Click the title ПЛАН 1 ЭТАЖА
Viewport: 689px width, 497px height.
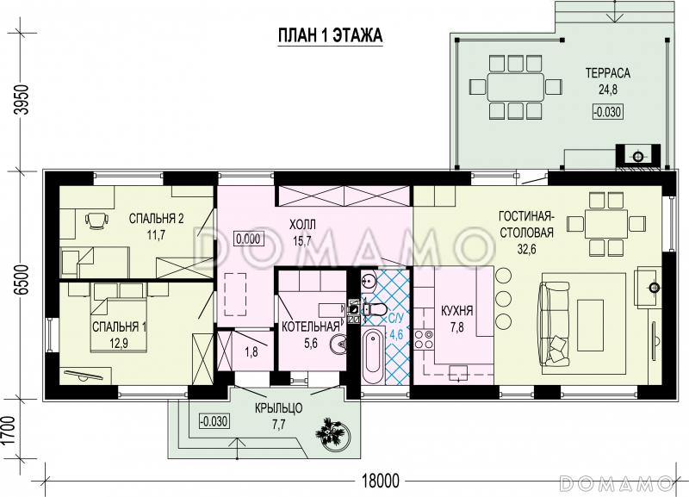pos(331,35)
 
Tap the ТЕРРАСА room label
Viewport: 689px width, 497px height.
pos(608,73)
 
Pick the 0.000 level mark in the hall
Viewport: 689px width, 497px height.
pos(248,239)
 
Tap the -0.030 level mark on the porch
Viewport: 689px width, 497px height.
pos(214,422)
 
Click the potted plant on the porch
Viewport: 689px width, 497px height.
pos(332,432)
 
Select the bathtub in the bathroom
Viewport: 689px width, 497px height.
pos(374,357)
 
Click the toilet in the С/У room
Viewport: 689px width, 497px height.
pos(375,309)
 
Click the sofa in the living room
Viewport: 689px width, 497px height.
pos(554,323)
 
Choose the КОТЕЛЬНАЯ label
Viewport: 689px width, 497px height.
pos(311,326)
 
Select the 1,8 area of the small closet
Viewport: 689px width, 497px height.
pos(251,352)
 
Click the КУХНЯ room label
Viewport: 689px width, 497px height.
pos(457,311)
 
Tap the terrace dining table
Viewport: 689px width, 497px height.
pos(515,85)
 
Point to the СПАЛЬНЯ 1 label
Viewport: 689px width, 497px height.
pos(120,327)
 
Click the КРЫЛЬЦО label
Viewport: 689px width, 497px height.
pos(278,408)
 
